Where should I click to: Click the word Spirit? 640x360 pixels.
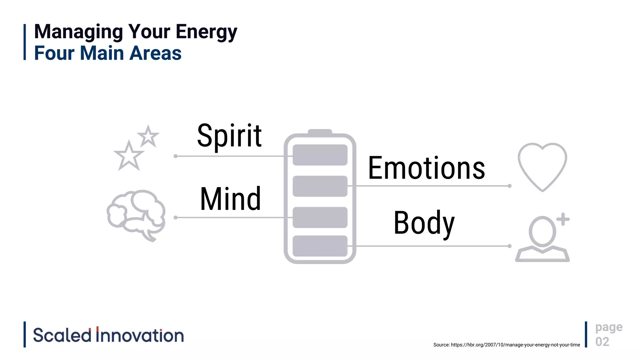click(229, 136)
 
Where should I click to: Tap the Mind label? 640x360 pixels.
click(230, 199)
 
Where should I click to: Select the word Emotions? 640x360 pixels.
click(427, 168)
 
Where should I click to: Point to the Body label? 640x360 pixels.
click(424, 223)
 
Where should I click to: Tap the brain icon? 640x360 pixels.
click(136, 214)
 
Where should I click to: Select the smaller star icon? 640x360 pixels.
click(148, 137)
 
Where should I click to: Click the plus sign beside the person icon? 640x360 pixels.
click(563, 219)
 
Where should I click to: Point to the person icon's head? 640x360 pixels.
click(542, 231)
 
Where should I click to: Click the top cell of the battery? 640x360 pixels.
click(320, 155)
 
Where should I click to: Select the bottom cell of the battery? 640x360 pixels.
click(320, 246)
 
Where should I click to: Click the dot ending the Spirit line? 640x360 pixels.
click(176, 156)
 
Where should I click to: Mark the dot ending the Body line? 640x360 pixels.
click(509, 246)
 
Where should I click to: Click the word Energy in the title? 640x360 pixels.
click(206, 32)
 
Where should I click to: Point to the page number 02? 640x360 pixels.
click(602, 342)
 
